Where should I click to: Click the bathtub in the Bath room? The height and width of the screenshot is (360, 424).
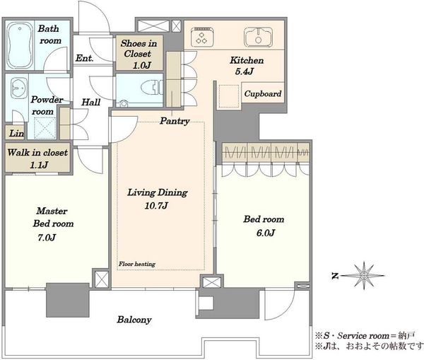(x=19, y=45)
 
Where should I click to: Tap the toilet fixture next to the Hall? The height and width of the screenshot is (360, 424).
(x=152, y=88)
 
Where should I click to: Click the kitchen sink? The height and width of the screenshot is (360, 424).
(x=258, y=37)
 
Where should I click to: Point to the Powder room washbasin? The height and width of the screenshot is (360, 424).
(x=19, y=88)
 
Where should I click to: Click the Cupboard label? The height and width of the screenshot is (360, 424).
(x=263, y=93)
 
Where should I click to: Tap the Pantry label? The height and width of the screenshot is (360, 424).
(x=175, y=121)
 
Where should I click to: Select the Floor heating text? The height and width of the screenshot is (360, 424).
(x=137, y=264)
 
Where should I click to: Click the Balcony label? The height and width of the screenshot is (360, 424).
(x=134, y=320)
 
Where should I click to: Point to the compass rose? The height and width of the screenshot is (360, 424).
(x=364, y=276)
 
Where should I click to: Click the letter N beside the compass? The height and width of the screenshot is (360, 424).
(x=335, y=276)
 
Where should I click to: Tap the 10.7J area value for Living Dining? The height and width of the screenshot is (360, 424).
(x=156, y=206)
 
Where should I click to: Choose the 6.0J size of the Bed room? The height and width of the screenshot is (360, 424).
(x=266, y=233)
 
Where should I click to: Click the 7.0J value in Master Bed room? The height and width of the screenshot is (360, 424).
(x=47, y=238)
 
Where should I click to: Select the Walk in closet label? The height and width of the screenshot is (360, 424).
(x=37, y=152)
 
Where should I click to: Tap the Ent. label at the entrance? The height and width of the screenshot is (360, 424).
(x=84, y=58)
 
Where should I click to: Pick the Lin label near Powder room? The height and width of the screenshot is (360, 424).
(x=16, y=133)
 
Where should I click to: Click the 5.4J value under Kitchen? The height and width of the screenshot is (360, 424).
(x=245, y=71)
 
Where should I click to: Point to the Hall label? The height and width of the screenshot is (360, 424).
(x=91, y=103)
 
